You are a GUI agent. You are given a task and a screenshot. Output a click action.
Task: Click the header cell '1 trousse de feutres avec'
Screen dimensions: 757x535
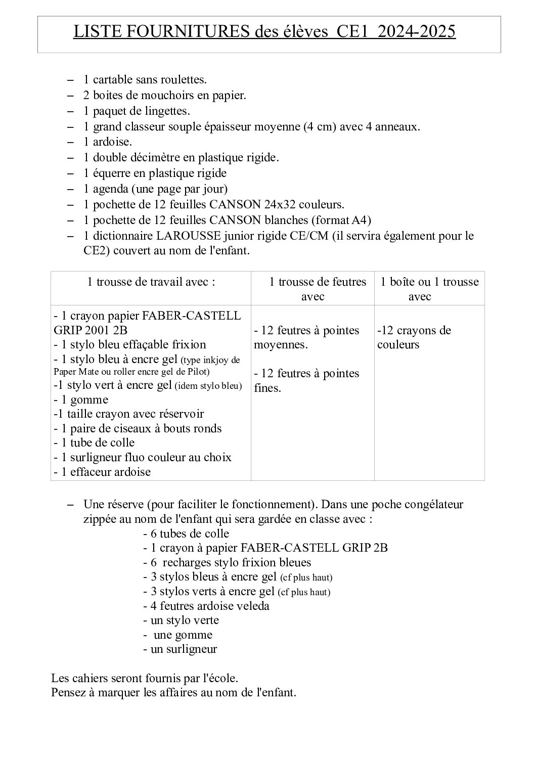click(x=313, y=289)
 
